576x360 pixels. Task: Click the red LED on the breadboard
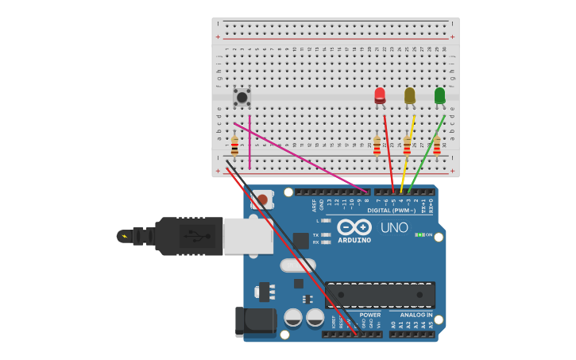point(380,95)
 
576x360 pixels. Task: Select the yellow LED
point(410,95)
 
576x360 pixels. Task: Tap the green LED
point(439,95)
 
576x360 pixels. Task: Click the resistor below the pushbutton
point(234,146)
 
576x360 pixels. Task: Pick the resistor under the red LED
point(377,145)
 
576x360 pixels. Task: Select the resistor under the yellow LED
point(407,145)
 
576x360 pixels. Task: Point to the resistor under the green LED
point(436,145)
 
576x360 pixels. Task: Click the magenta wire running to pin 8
point(302,157)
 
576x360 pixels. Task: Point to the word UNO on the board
point(394,228)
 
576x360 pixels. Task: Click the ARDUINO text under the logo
point(354,240)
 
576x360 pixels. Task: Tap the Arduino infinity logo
point(354,227)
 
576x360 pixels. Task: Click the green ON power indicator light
point(419,234)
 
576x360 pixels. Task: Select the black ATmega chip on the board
point(380,295)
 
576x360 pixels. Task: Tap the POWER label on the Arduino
point(370,315)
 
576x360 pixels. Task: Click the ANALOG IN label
point(416,315)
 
